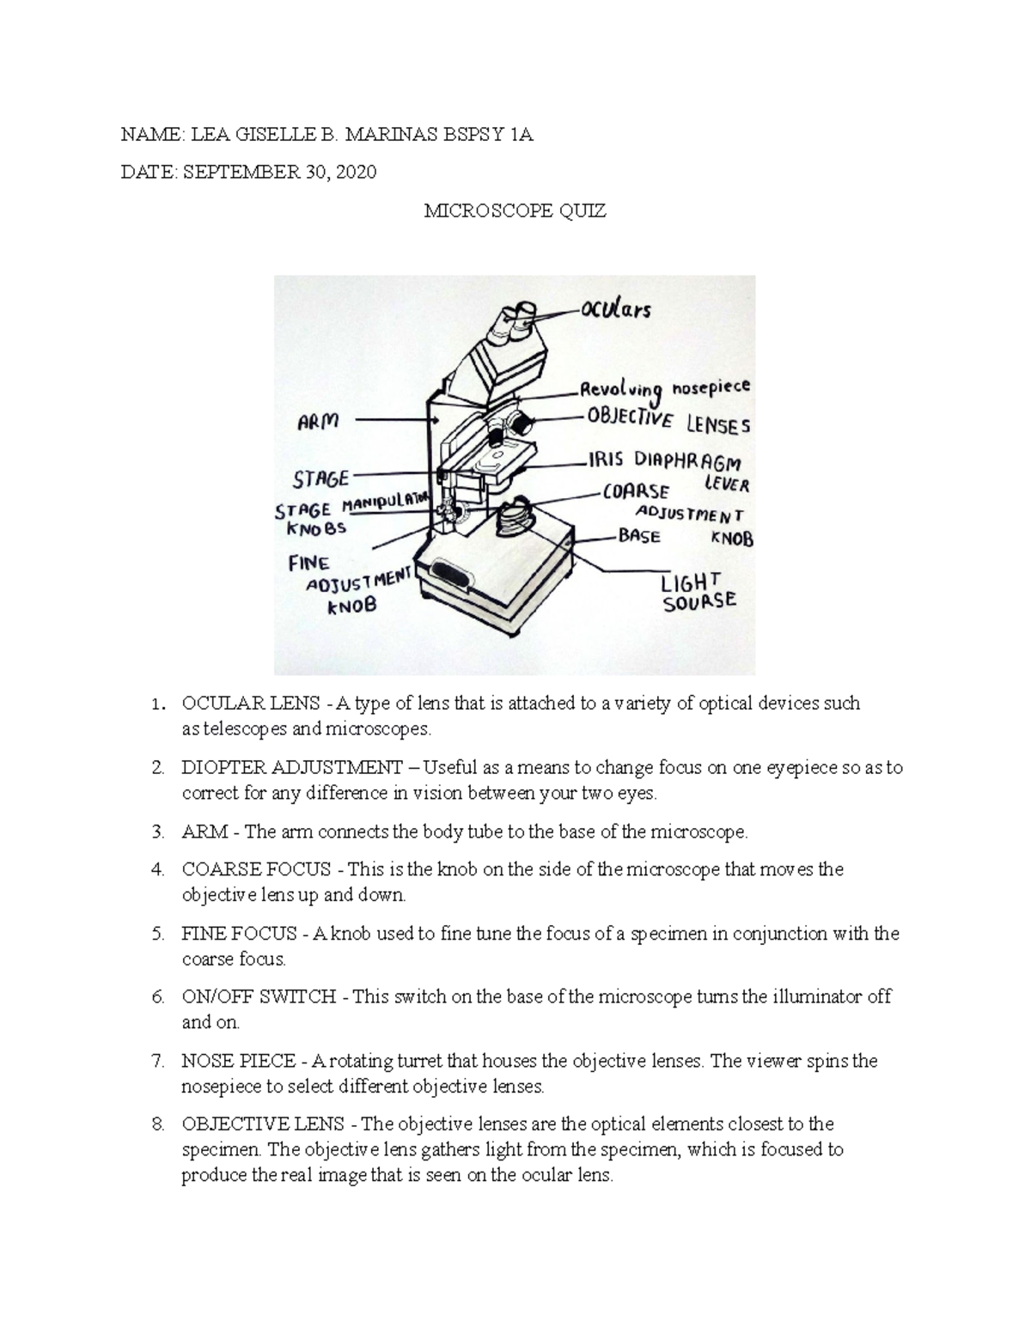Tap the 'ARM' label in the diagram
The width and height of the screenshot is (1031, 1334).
coord(318,421)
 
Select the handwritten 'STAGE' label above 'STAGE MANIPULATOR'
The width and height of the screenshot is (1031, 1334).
coord(321,478)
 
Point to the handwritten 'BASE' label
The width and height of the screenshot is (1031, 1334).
coord(639,537)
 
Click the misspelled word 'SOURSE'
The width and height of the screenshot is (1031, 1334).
coord(699,601)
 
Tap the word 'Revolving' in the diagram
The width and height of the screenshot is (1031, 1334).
coord(622,392)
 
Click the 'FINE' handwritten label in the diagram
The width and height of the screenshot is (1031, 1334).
coord(309,563)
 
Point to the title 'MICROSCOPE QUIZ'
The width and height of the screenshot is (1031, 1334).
coord(515,211)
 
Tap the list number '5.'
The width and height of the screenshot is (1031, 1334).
coord(157,934)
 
